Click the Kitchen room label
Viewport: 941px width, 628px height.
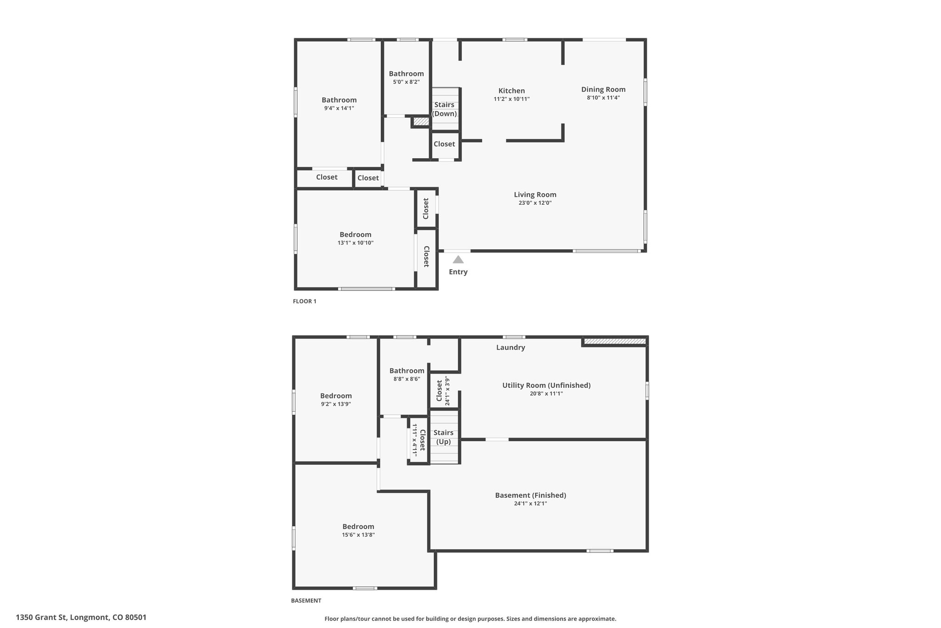click(x=511, y=91)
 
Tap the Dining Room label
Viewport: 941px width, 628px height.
click(x=603, y=89)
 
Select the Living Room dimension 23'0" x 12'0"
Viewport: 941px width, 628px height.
click(x=535, y=203)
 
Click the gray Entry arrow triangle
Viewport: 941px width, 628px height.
click(x=458, y=259)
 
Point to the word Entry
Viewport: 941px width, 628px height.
click(x=458, y=272)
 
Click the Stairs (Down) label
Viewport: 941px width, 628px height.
click(x=444, y=109)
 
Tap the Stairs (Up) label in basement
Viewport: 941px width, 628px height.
click(x=443, y=437)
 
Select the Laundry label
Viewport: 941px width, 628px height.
click(x=510, y=347)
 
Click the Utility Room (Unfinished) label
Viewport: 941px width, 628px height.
click(x=546, y=385)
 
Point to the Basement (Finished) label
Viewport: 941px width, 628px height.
click(x=531, y=495)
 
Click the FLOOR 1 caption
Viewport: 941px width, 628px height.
click(x=305, y=301)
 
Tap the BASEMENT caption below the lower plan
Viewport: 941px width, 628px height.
click(x=306, y=600)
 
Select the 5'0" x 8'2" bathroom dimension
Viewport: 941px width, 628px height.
click(x=406, y=82)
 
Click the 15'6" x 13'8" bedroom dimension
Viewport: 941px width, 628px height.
click(x=358, y=535)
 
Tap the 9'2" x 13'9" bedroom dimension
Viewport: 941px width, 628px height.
click(x=336, y=404)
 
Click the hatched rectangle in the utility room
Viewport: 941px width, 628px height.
click(x=614, y=341)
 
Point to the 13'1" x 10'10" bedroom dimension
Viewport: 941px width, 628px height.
click(x=355, y=243)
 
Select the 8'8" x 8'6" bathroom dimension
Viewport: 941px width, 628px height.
click(x=407, y=379)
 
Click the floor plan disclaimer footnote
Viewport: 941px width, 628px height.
click(x=470, y=619)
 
